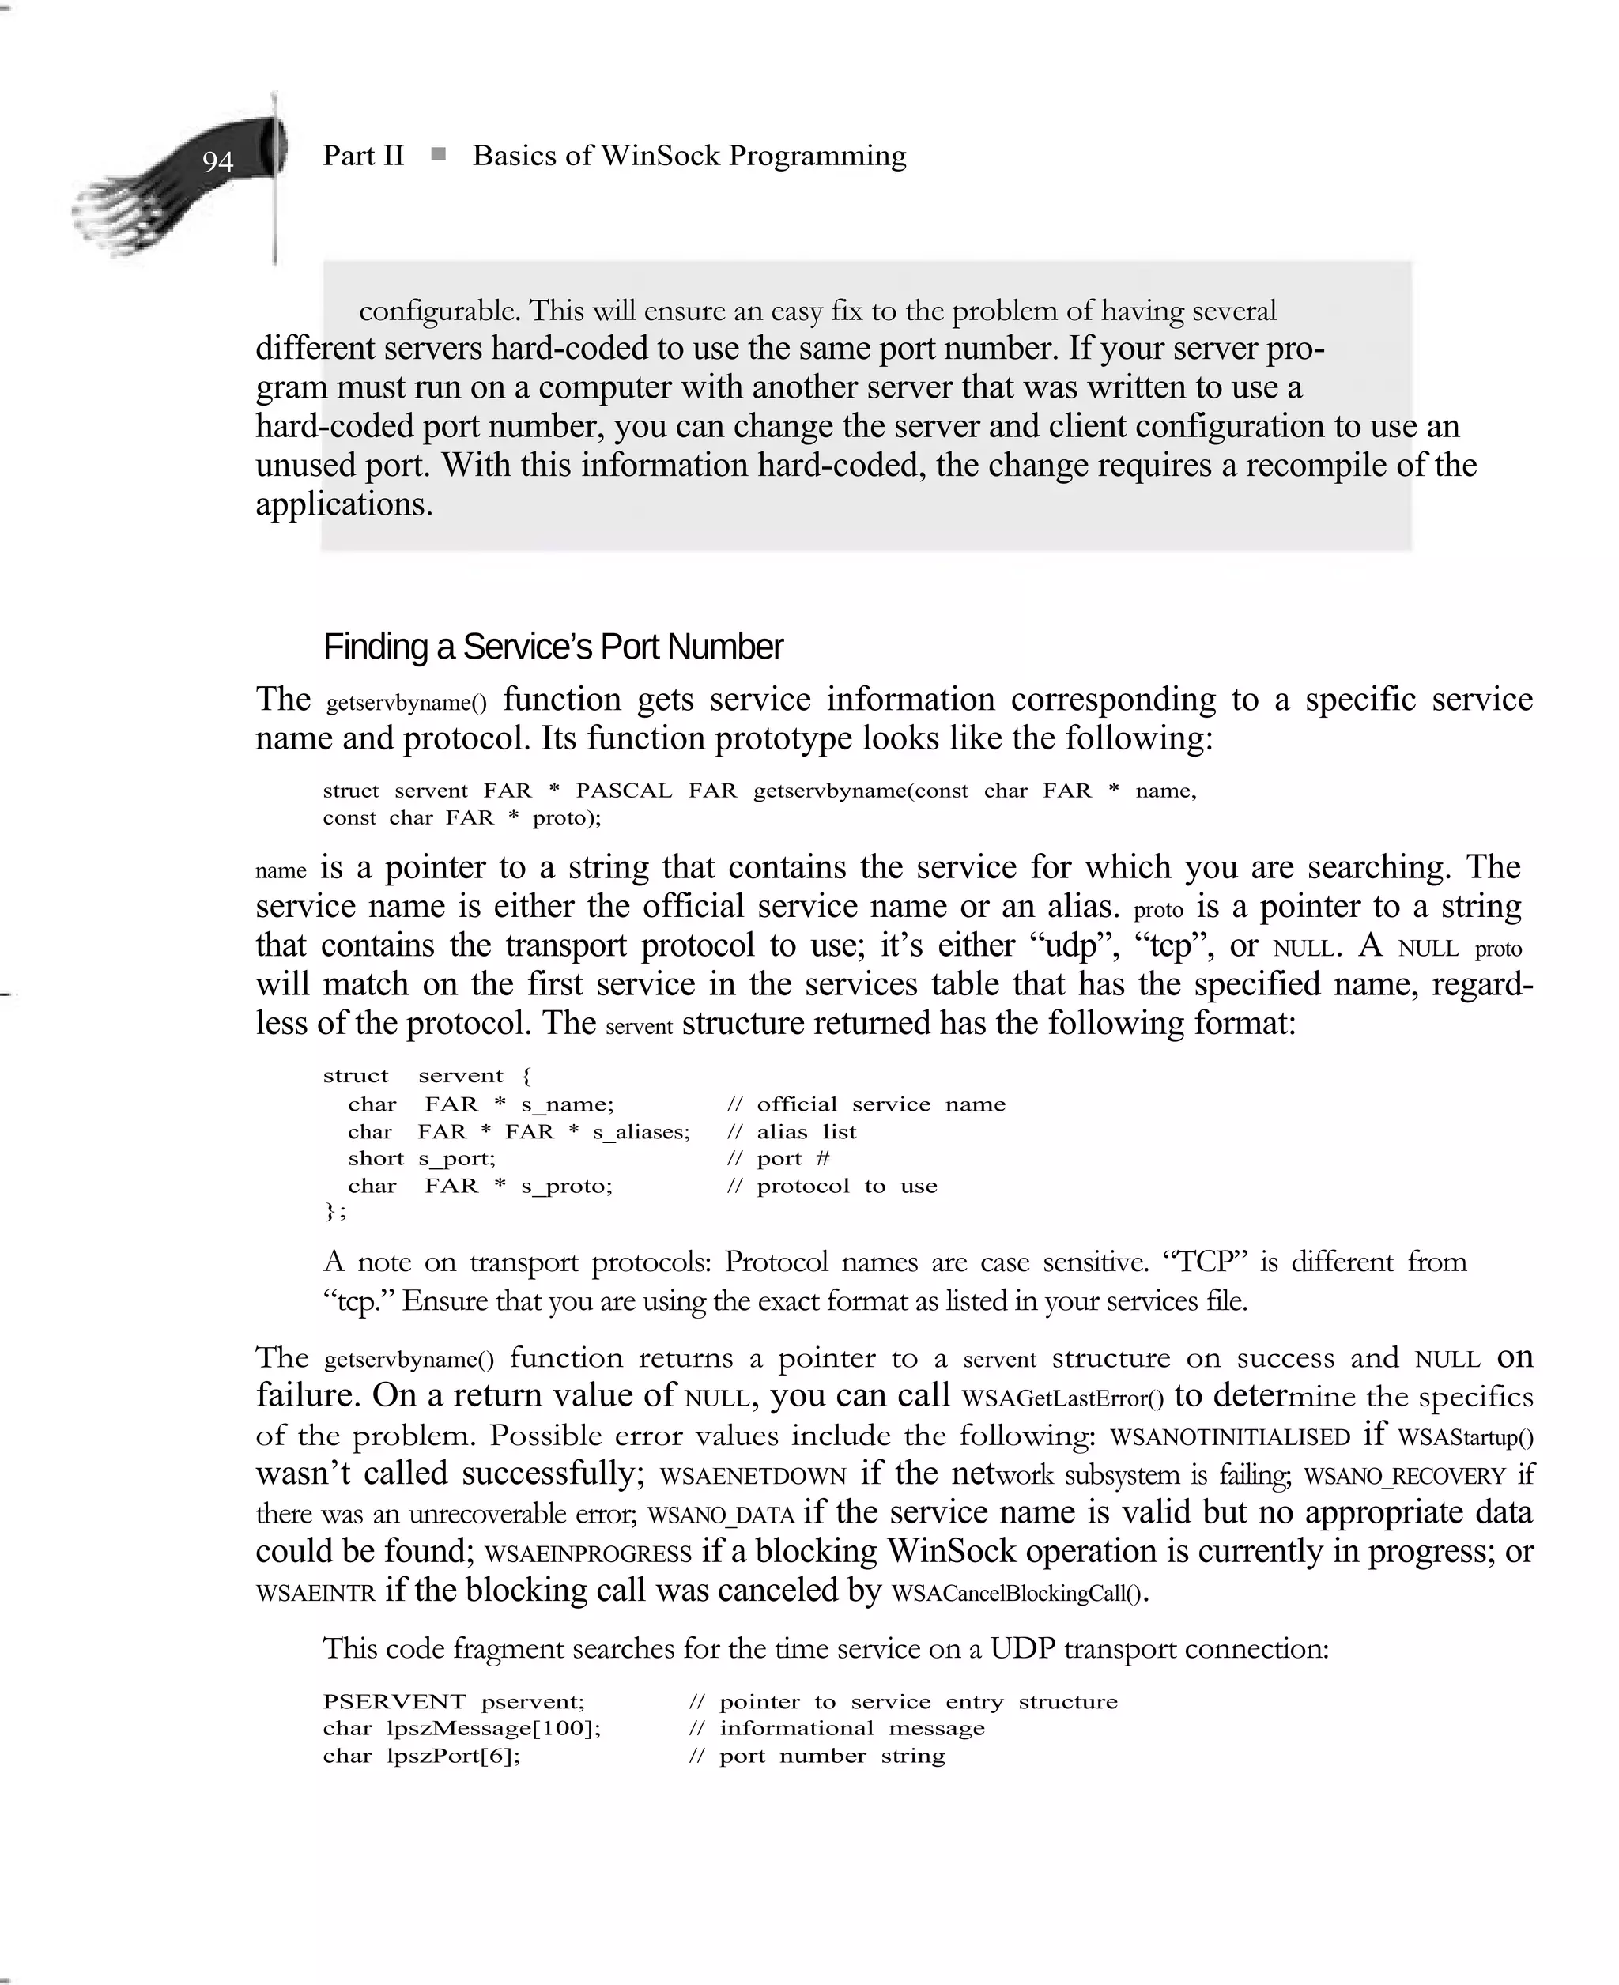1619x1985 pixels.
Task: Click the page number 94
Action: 217,162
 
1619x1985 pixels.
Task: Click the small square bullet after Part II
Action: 438,155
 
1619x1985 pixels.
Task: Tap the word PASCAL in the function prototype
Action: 623,791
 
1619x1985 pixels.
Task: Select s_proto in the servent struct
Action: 566,1186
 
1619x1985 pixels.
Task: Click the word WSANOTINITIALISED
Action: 1230,1436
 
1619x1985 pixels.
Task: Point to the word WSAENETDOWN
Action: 753,1476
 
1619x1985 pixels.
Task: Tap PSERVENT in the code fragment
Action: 394,1701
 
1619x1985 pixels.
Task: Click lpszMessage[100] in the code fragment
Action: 492,1729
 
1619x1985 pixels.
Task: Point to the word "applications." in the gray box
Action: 344,504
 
